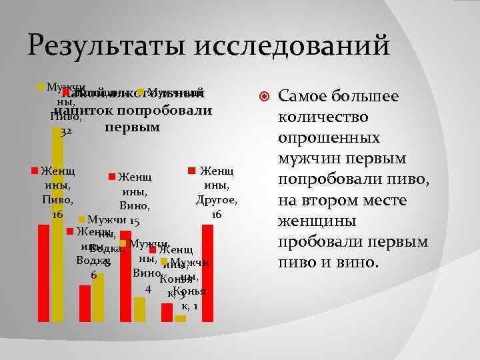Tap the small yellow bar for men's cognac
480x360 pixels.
click(180, 319)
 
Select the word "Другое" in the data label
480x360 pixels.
click(216, 200)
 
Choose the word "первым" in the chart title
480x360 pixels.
click(132, 127)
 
